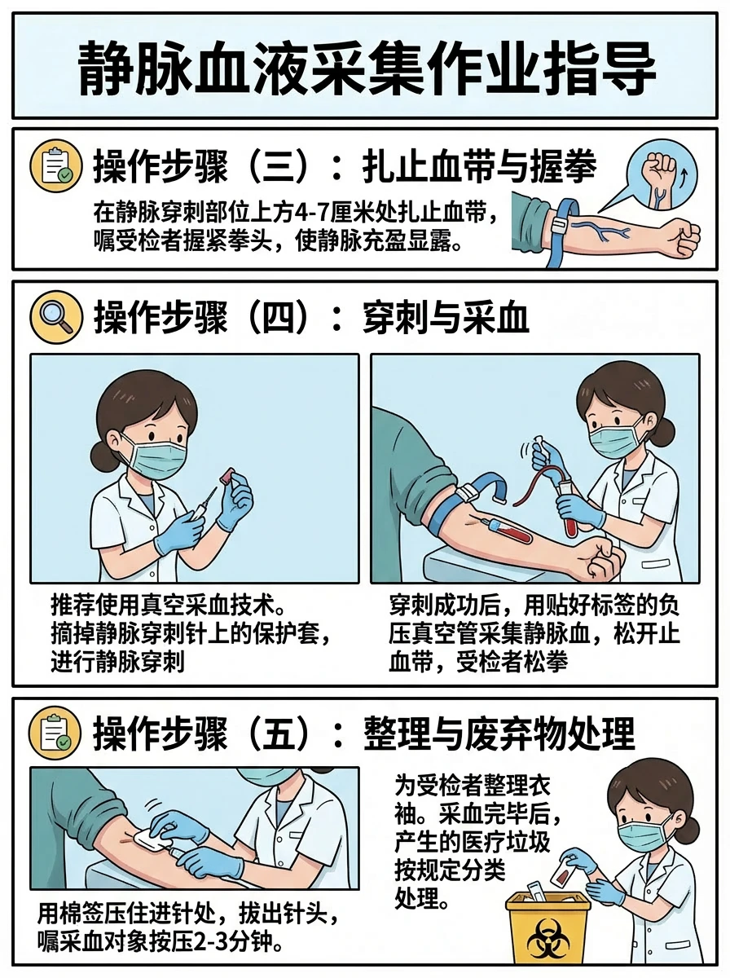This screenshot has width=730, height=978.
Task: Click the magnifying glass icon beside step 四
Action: pos(56,317)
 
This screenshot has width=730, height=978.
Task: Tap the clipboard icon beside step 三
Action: pos(56,165)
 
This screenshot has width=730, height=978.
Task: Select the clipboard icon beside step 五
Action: pos(55,733)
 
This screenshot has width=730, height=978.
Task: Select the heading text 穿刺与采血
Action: pos(446,318)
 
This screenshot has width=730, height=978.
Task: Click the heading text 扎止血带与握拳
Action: pos(480,166)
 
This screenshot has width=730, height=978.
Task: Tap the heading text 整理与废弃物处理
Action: pos(499,733)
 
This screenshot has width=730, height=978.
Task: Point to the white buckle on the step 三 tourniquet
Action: pos(557,226)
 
